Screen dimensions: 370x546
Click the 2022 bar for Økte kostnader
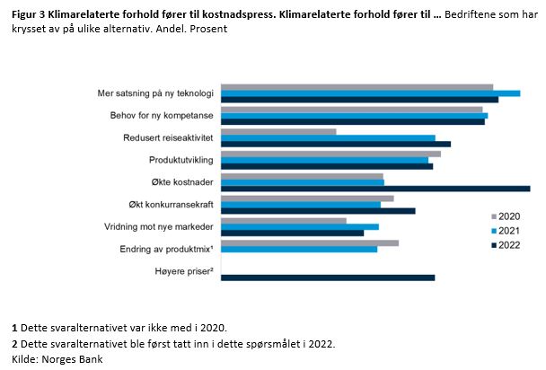375,189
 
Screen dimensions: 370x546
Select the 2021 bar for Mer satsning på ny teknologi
370,93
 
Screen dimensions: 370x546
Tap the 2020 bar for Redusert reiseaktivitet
278,132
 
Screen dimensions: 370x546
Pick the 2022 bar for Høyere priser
328,277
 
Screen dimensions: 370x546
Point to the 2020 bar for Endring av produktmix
310,242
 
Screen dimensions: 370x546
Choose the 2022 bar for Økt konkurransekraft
318,211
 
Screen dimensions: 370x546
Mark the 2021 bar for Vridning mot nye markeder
300,226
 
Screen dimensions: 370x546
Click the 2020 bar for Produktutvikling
330,154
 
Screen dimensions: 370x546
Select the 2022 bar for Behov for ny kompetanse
352,121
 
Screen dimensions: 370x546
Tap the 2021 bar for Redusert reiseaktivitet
328,138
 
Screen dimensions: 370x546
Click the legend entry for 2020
508,216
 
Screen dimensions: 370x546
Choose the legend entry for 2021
508,231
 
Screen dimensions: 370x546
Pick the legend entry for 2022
508,245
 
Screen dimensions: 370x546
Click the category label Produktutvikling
181,160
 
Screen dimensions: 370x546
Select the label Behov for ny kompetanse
163,116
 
